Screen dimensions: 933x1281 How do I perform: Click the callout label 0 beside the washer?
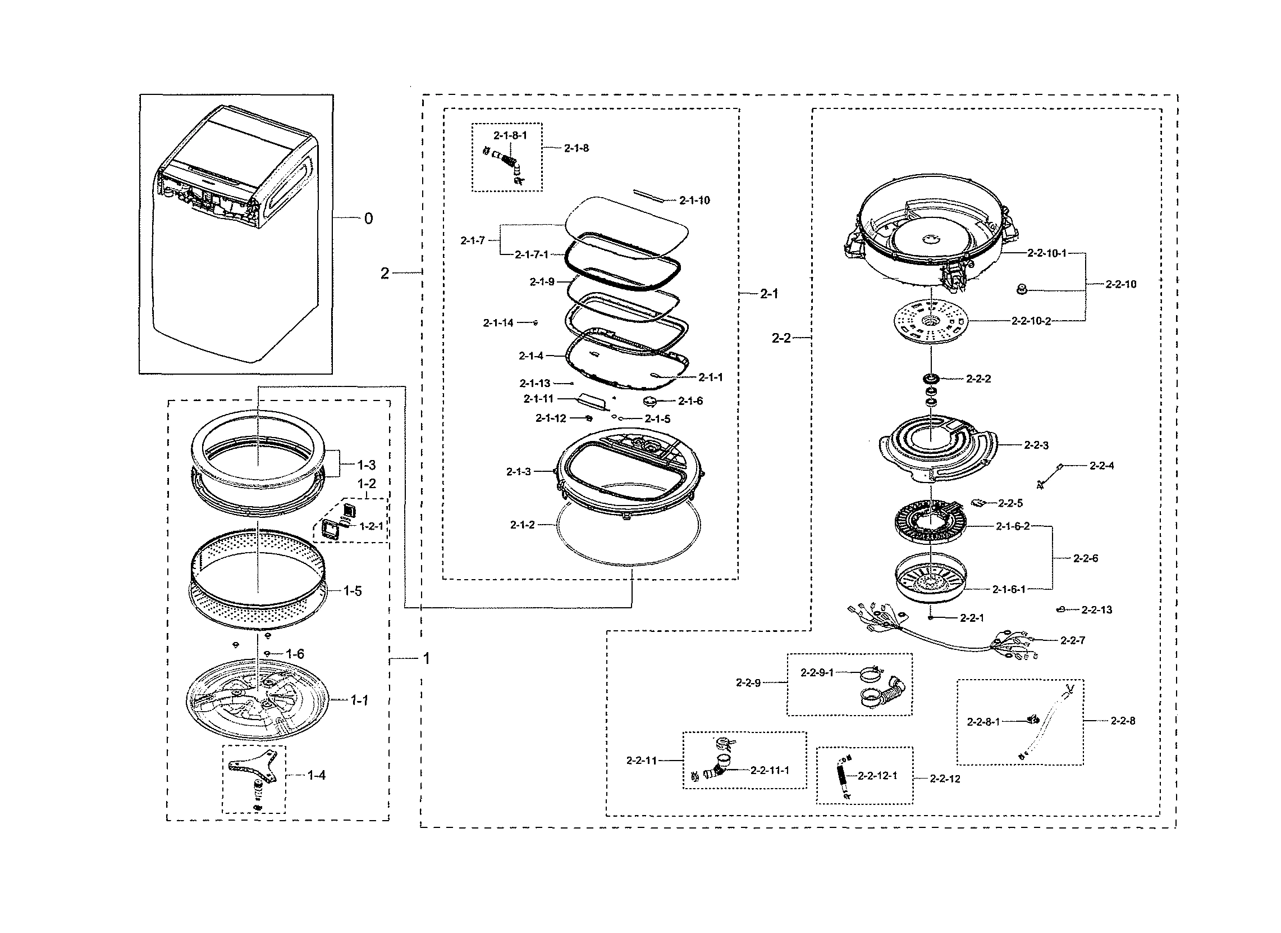coord(368,218)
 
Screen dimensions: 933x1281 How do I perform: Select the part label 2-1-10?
coord(694,200)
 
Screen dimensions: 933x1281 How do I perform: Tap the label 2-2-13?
coord(1096,610)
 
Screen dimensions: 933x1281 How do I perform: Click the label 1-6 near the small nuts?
coord(295,654)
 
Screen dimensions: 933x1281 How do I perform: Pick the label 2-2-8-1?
coord(983,722)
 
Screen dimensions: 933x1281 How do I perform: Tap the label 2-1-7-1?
coord(531,255)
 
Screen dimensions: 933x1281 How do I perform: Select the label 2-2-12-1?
coord(877,776)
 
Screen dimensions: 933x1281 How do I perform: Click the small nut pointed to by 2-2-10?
coord(1021,290)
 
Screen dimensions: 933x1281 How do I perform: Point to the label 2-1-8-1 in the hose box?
coord(510,135)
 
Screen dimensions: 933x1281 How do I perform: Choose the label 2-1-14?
coord(497,322)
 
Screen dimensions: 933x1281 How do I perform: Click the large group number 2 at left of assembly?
coord(385,274)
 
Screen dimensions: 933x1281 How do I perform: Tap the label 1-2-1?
coord(371,526)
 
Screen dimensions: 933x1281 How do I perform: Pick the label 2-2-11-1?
coord(769,770)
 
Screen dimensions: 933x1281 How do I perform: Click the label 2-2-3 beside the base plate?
coord(1036,445)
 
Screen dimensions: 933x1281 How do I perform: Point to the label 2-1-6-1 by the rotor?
coord(1008,589)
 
